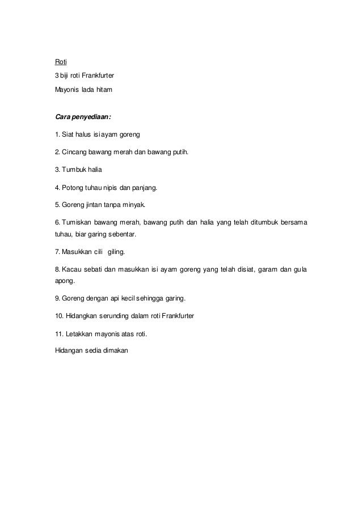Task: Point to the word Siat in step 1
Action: [x=68, y=135]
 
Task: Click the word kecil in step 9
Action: [x=133, y=298]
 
